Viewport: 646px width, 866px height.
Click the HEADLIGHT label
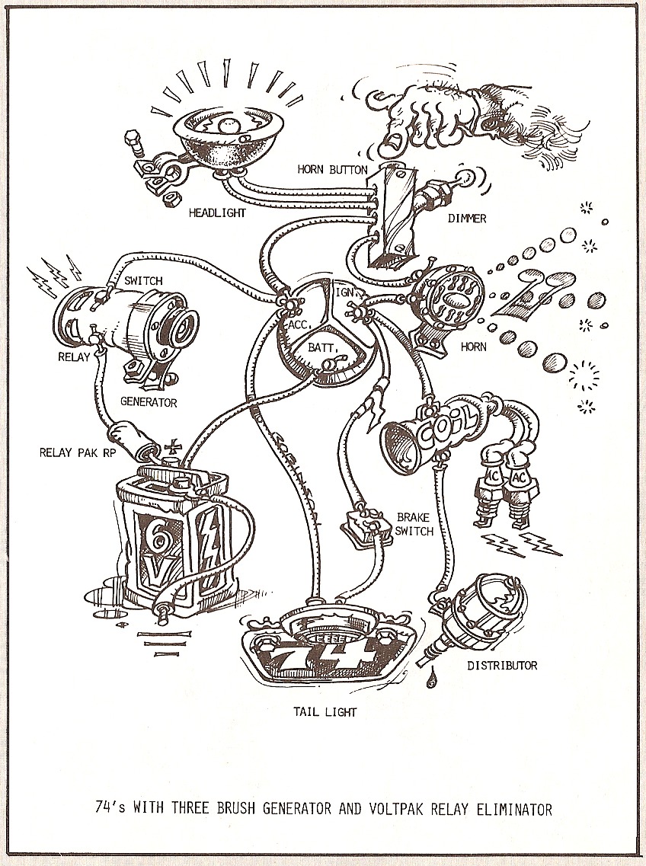tap(217, 213)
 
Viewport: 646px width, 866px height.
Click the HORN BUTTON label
tap(332, 169)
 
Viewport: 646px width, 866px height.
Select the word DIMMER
tap(468, 219)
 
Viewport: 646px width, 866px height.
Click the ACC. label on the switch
tap(298, 323)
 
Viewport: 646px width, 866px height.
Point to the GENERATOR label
tap(149, 402)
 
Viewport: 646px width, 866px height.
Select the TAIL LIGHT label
tap(325, 713)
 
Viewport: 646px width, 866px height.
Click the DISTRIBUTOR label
tap(502, 665)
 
